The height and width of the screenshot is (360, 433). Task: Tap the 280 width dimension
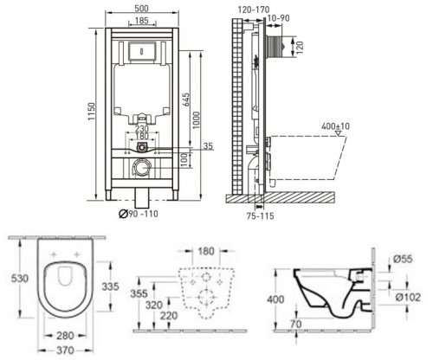(x=58, y=335)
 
